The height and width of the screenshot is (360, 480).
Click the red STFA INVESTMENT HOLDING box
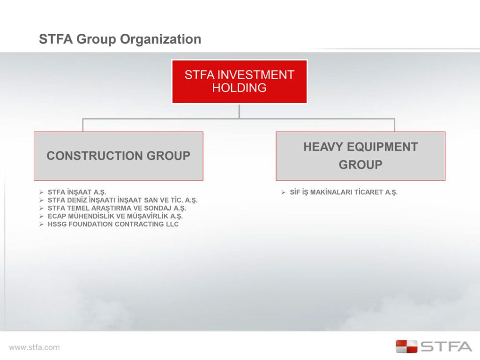pyautogui.click(x=239, y=81)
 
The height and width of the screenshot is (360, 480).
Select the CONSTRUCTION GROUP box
pyautogui.click(x=118, y=156)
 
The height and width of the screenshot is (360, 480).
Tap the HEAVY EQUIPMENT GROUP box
pyautogui.click(x=360, y=156)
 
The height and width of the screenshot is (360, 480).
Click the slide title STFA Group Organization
pyautogui.click(x=120, y=39)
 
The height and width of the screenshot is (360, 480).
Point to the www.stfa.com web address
pyautogui.click(x=34, y=347)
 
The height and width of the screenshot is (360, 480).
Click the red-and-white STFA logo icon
pyautogui.click(x=406, y=346)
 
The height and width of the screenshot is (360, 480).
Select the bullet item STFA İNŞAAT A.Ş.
pyautogui.click(x=77, y=192)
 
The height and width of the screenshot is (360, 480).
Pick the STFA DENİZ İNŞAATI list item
pyautogui.click(x=122, y=200)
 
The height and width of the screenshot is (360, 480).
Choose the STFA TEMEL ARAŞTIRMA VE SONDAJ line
pyautogui.click(x=117, y=208)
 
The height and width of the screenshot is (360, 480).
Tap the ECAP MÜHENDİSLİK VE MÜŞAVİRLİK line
pyautogui.click(x=115, y=216)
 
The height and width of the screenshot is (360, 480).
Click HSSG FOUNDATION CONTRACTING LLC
pyautogui.click(x=113, y=224)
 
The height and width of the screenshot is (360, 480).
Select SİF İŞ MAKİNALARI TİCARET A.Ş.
pyautogui.click(x=344, y=192)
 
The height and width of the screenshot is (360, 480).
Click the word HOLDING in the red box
pyautogui.click(x=239, y=88)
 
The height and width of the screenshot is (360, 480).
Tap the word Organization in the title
pyautogui.click(x=161, y=39)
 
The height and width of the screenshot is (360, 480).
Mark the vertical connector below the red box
pyautogui.click(x=239, y=111)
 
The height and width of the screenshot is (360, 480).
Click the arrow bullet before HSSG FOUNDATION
pyautogui.click(x=42, y=224)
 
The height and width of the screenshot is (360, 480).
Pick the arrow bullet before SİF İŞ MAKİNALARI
pyautogui.click(x=284, y=192)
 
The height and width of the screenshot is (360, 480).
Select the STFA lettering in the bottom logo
pyautogui.click(x=446, y=347)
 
